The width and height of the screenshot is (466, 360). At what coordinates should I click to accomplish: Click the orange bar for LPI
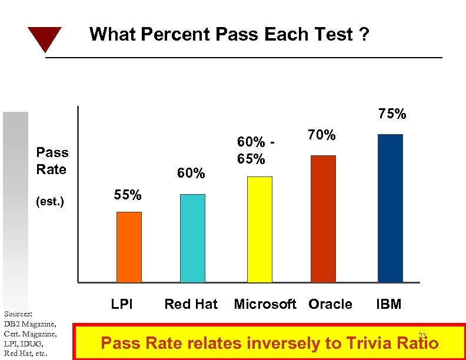point(129,247)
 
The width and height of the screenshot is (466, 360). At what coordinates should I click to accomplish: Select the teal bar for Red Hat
point(192,238)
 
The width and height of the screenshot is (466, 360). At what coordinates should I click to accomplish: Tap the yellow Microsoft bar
point(259,229)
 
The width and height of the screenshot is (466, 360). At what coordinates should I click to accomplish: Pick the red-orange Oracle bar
point(323,219)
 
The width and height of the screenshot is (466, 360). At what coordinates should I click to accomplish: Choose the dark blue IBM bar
point(390,208)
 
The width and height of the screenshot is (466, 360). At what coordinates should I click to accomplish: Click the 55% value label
point(127,195)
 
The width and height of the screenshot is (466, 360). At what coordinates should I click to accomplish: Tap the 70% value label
point(322,136)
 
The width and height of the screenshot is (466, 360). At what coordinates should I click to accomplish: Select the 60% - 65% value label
point(255,151)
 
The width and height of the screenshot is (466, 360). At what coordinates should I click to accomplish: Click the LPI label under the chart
point(122,304)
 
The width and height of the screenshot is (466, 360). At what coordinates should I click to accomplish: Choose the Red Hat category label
point(191,304)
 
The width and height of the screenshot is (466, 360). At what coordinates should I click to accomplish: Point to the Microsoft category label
point(265,304)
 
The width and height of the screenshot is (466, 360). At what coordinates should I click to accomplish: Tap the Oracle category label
point(330,304)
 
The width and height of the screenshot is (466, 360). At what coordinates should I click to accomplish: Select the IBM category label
point(389,304)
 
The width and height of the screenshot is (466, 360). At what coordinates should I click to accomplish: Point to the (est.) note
point(49,202)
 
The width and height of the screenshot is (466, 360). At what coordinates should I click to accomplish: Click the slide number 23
point(421,335)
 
